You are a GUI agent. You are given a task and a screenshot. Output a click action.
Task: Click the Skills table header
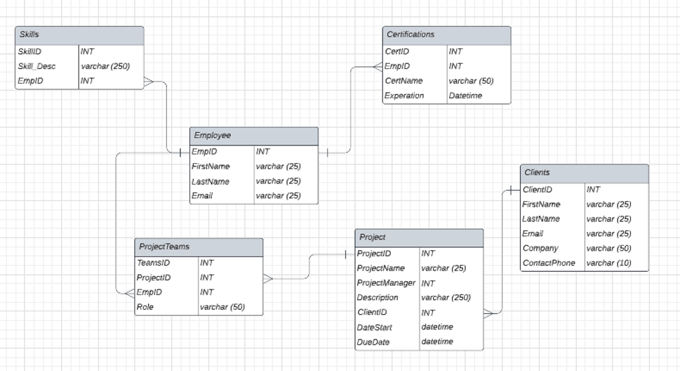coord(79,35)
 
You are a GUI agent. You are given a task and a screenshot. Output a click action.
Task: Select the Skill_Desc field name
coord(37,67)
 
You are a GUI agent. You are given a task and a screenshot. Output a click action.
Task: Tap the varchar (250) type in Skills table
coord(105,67)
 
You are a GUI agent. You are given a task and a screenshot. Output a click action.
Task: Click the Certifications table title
coord(411,34)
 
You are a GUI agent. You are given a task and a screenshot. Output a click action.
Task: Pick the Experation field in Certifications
coord(405,96)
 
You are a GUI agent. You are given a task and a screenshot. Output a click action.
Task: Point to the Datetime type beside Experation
coord(465,96)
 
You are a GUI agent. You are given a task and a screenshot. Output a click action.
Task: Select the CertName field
coord(404,81)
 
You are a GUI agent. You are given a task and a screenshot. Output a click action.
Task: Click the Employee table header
coord(253,136)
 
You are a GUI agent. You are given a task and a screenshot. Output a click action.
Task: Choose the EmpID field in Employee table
coord(204,151)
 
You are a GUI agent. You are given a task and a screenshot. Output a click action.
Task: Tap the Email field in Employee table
coord(202,195)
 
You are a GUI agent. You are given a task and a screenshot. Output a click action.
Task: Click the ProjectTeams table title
coord(164,247)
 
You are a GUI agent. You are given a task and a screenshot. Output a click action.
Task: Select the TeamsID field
coord(153,263)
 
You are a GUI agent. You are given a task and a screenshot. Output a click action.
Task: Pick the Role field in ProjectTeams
coord(145,307)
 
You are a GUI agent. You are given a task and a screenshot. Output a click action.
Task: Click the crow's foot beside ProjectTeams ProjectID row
coord(268,278)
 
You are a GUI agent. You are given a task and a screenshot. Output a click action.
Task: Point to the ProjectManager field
coord(385,283)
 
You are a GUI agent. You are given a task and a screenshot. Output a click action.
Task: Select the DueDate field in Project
coord(373,342)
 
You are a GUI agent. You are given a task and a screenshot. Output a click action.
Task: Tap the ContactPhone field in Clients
coord(548,263)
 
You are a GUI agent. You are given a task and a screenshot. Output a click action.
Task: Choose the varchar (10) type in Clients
coord(608,263)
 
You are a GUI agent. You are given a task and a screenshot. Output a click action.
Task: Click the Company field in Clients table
coord(540,248)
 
